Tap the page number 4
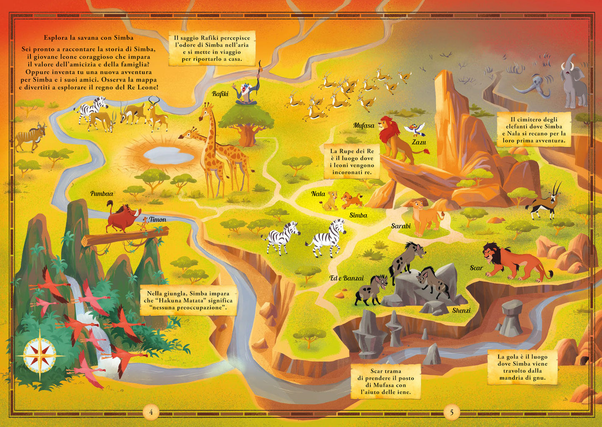click(x=151, y=412)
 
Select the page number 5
click(x=451, y=412)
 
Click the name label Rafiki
click(x=220, y=94)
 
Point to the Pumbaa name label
click(x=102, y=194)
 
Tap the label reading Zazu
click(x=419, y=142)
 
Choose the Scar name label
click(x=476, y=268)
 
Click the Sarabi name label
click(x=401, y=226)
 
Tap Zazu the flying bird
click(x=417, y=129)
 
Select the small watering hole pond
click(x=168, y=155)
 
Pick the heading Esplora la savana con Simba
click(x=88, y=37)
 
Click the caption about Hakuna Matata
click(x=187, y=300)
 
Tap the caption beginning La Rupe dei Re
click(x=352, y=162)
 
